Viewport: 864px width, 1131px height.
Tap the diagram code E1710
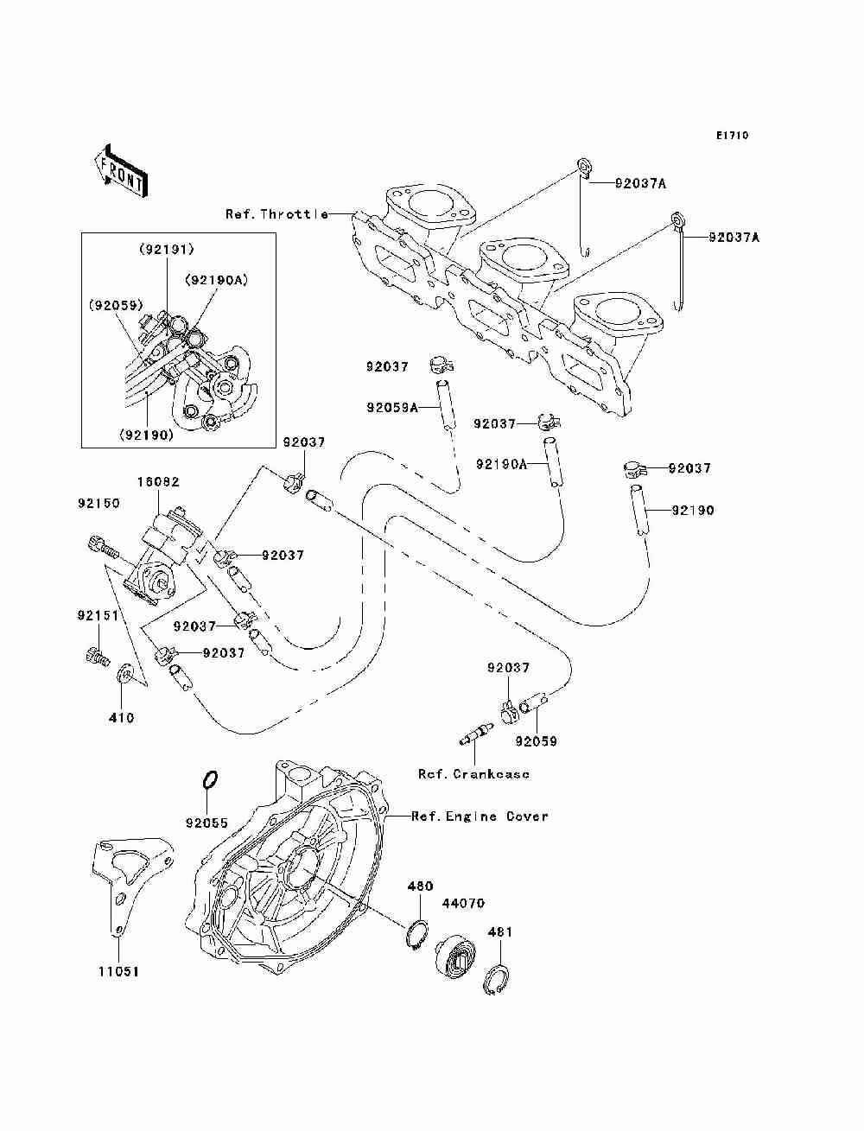click(731, 136)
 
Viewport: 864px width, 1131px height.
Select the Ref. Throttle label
click(276, 214)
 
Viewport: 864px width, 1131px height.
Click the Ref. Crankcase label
click(473, 774)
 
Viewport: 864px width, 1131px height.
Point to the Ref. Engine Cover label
click(480, 816)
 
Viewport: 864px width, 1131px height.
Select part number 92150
click(98, 503)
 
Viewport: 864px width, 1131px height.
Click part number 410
click(122, 717)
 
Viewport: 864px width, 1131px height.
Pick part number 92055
click(206, 823)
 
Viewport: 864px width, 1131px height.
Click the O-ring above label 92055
click(208, 780)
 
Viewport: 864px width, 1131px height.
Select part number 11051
click(118, 971)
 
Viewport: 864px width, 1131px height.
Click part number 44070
click(463, 903)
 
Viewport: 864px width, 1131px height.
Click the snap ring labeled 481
click(496, 982)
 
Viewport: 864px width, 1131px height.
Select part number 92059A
click(391, 407)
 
